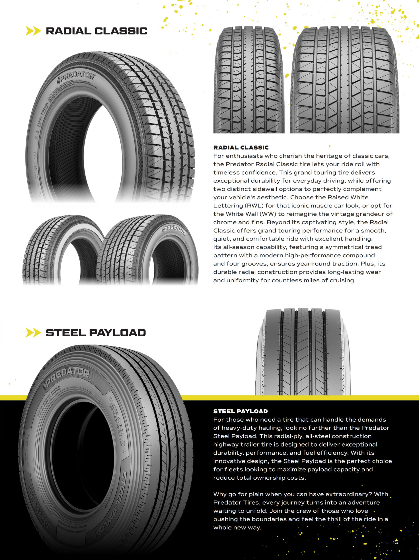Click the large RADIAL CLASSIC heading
click(96, 31)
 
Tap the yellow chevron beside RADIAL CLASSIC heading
click(33, 31)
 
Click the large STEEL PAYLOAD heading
click(96, 333)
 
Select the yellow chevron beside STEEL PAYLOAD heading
click(33, 333)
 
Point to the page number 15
click(395, 542)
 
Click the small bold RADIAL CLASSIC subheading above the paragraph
click(241, 148)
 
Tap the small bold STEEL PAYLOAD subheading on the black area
click(241, 411)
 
